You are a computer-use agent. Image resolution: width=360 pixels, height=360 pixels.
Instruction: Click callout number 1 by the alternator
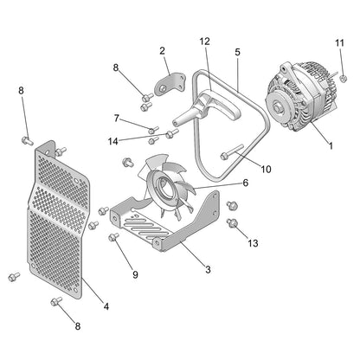329,146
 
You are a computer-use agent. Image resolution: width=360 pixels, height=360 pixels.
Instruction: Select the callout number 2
162,51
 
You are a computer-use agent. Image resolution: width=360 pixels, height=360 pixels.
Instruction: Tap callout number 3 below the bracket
208,270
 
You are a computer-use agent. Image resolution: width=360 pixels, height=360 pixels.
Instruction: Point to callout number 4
106,305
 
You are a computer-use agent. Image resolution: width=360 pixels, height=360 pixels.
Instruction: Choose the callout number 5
237,52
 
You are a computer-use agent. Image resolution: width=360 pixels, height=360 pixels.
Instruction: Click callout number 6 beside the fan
245,183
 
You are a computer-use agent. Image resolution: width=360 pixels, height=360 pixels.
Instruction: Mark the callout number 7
117,119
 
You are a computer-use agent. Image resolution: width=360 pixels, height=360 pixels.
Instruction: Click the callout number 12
204,41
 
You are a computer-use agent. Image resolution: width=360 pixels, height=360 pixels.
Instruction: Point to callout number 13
253,243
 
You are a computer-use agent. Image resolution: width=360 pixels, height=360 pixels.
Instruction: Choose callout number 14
113,140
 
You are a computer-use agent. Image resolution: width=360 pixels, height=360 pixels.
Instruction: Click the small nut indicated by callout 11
343,79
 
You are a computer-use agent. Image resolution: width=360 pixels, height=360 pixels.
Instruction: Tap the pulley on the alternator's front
279,108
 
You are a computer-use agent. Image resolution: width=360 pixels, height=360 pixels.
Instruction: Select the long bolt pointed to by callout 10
229,156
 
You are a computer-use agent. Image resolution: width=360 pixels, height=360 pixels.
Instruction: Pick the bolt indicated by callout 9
113,236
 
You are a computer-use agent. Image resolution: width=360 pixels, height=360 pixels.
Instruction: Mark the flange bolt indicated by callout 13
232,223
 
